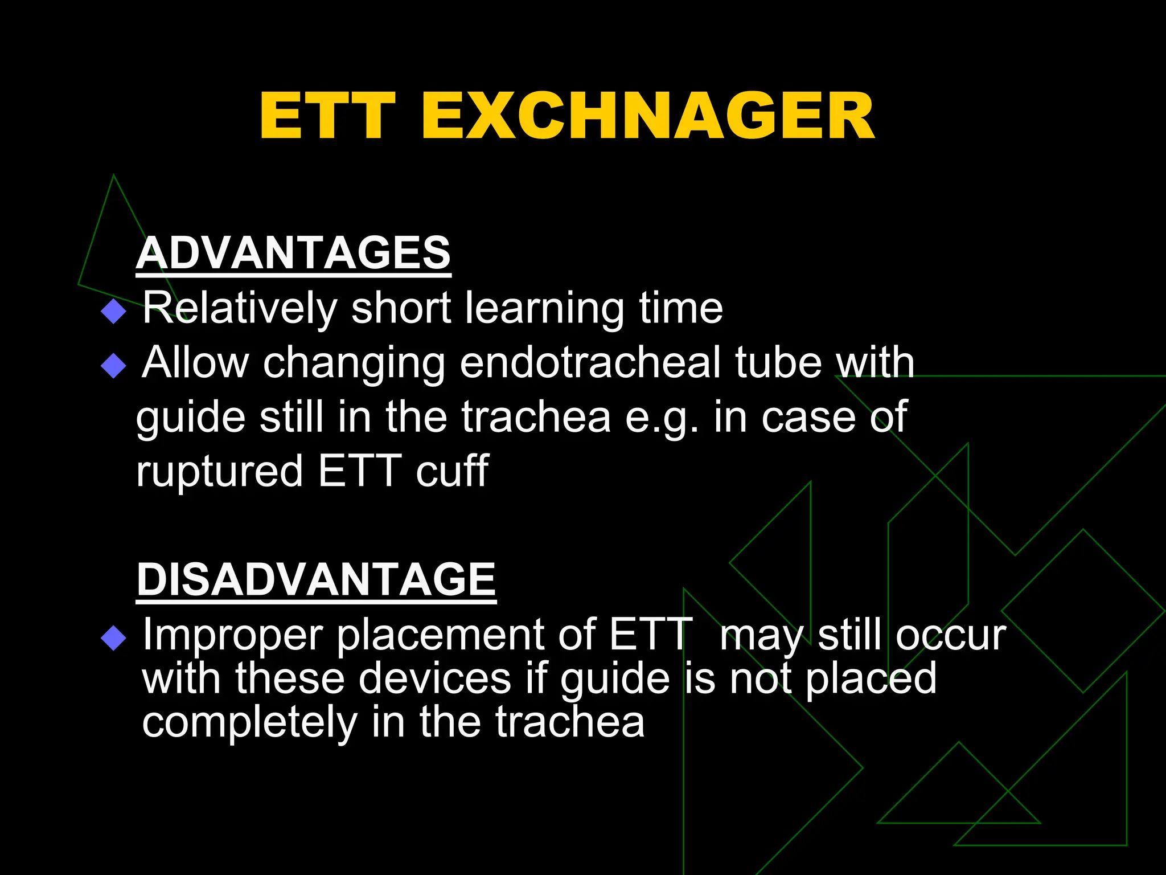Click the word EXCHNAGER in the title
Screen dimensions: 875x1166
coord(647,117)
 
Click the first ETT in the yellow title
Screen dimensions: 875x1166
coord(327,117)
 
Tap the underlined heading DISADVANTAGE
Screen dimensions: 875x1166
coord(316,579)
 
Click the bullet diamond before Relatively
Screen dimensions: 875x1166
coord(113,312)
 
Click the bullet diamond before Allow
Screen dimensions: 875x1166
coord(113,366)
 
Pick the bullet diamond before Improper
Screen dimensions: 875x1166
coord(113,638)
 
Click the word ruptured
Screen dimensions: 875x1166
coord(219,471)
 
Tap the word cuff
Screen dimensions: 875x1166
coord(451,471)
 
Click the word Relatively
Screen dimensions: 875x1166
coord(240,309)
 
